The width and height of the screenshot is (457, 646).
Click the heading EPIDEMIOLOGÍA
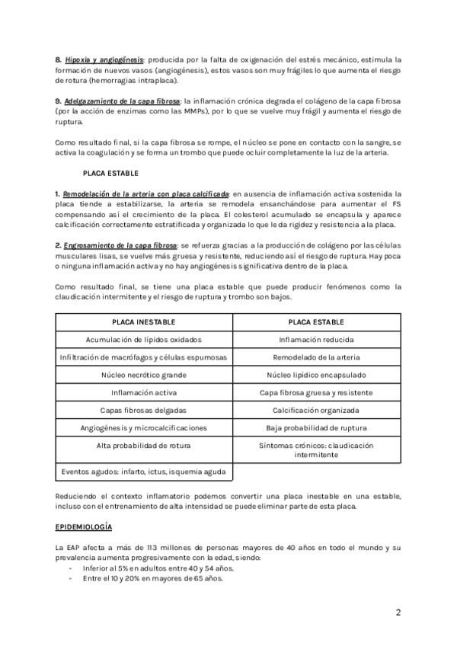85,526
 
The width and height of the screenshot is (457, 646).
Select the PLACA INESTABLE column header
143,322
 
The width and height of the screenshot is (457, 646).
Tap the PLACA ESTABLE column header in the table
316,322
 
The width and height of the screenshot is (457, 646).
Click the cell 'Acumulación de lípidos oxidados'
143,340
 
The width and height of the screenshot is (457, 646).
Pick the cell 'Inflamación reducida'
316,340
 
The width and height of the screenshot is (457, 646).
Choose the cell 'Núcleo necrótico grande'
143,375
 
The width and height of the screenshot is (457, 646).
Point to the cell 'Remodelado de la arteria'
316,357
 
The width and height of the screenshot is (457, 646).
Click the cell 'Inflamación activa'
143,392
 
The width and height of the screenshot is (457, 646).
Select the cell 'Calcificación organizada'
316,410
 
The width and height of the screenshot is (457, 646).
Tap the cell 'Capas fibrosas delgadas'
143,410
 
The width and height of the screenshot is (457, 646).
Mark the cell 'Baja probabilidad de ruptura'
316,427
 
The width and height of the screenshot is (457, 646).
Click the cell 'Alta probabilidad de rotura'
143,445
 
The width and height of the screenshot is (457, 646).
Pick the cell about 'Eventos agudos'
143,472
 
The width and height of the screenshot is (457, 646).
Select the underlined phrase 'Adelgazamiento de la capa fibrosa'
122,101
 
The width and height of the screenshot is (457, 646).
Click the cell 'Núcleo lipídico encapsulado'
316,375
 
